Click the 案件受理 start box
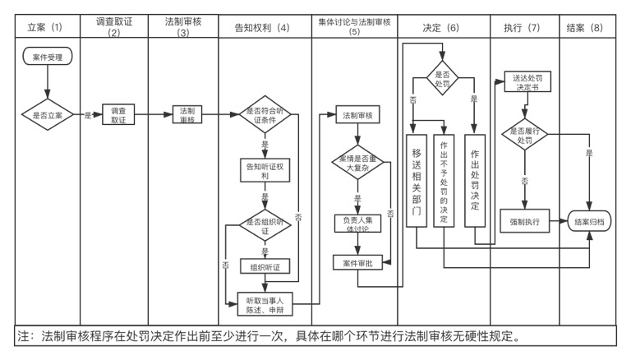(x=48, y=57)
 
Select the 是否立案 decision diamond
(x=48, y=115)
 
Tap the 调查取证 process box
(x=118, y=115)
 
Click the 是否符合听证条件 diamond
(x=265, y=115)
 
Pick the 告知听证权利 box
(x=265, y=170)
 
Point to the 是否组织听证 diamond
(x=265, y=225)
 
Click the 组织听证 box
(x=265, y=266)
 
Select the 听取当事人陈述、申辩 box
(x=265, y=304)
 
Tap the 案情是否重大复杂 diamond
(x=357, y=162)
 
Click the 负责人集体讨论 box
(x=357, y=224)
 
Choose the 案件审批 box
(x=357, y=263)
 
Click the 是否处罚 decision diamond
(x=442, y=78)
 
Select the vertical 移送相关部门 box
(x=416, y=181)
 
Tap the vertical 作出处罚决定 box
(x=475, y=181)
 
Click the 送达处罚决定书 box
(x=527, y=82)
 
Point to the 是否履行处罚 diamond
(x=524, y=135)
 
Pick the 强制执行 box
(x=524, y=221)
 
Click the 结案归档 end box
(x=589, y=221)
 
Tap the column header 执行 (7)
(x=522, y=27)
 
